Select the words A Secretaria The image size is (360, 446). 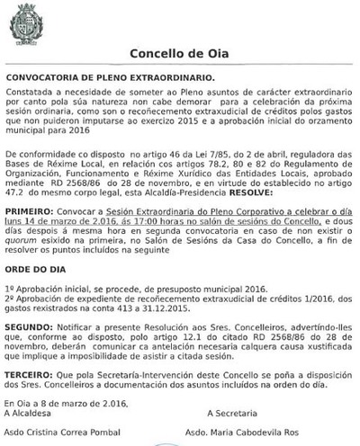point(232,413)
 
